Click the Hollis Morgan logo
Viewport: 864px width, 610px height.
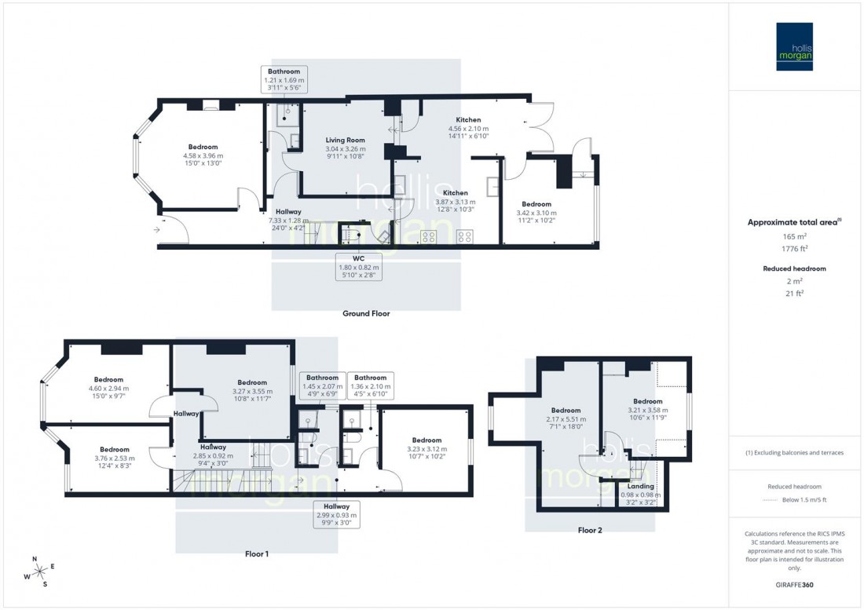point(795,46)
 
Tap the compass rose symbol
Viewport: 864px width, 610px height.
point(37,571)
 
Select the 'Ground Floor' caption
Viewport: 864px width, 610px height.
point(365,313)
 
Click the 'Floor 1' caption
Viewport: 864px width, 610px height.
point(257,553)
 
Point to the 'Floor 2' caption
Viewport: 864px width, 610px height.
point(590,530)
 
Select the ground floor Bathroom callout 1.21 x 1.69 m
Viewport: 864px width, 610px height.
point(284,80)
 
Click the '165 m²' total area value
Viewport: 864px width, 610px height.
point(796,236)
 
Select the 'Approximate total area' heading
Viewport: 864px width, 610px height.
point(795,222)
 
